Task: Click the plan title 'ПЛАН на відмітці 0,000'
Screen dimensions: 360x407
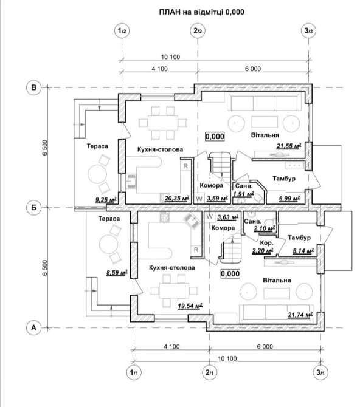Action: (201, 12)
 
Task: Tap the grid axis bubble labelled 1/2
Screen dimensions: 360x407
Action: (122, 31)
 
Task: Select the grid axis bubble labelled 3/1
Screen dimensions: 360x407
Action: (320, 373)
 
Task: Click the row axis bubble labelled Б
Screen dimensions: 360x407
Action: (34, 208)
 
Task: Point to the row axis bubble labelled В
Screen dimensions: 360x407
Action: (34, 87)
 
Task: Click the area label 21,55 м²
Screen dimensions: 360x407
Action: (289, 146)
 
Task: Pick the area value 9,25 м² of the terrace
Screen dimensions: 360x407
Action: (106, 200)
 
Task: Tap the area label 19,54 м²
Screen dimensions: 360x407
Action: (190, 306)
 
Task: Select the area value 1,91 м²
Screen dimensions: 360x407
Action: (243, 194)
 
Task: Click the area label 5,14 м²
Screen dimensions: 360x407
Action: (303, 251)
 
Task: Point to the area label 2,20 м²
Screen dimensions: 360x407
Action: (263, 251)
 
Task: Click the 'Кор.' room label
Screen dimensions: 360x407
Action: (267, 243)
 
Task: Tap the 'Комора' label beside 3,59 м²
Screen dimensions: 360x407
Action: (212, 185)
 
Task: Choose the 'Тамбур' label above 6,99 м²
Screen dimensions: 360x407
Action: (284, 179)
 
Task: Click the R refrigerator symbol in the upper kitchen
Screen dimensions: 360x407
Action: (185, 166)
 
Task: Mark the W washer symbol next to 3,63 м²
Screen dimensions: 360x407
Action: (210, 216)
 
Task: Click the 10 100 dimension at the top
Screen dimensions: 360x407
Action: (170, 57)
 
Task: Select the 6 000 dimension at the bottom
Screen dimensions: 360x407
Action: (265, 346)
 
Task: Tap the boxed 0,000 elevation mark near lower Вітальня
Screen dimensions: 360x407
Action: (230, 273)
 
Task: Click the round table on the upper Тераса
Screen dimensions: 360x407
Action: (97, 174)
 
